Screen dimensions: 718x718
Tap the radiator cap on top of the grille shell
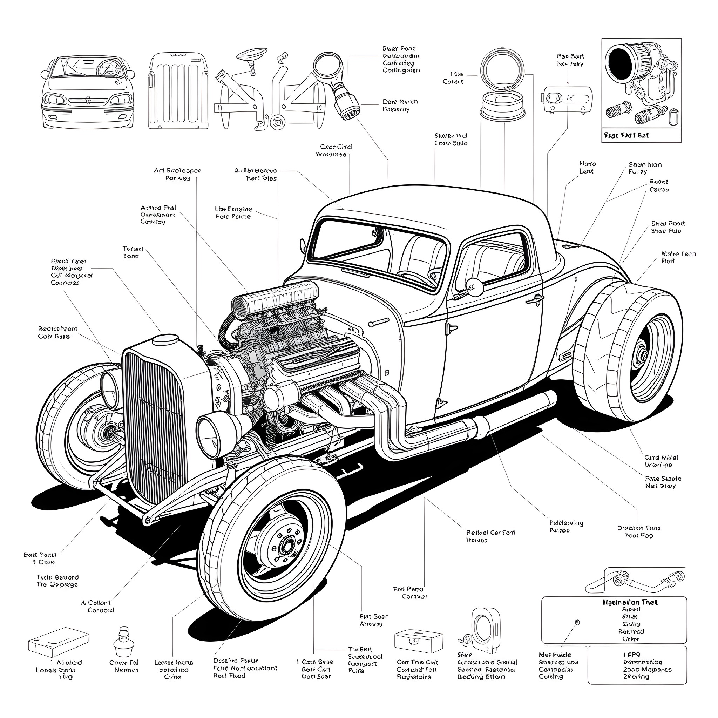coord(165,339)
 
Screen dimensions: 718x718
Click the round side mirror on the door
coord(475,287)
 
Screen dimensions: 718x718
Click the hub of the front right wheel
coord(286,546)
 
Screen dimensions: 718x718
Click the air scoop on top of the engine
coord(275,298)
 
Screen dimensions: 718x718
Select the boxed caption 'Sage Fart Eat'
coord(626,135)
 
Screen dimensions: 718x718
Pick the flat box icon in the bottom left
coord(59,642)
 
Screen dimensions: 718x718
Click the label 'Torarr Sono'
coord(133,252)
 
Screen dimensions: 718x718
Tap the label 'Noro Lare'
coord(587,167)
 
